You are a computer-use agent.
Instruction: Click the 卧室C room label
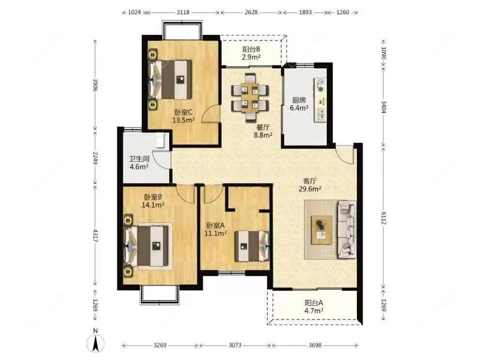[x=183, y=112]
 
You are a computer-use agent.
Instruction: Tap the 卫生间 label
[x=139, y=159]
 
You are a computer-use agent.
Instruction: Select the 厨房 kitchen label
[x=299, y=100]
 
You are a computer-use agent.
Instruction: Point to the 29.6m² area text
[x=310, y=189]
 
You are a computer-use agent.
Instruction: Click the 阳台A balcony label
[x=314, y=303]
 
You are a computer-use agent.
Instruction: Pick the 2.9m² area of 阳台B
[x=251, y=57]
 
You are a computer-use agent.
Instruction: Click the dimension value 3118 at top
[x=183, y=12]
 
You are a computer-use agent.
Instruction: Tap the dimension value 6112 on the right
[x=384, y=218]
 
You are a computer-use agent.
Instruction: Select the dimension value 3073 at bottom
[x=235, y=345]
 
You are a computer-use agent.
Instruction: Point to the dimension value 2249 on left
[x=95, y=158]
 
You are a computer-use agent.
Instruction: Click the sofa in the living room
[x=347, y=229]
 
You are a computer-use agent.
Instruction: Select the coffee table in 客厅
[x=322, y=230]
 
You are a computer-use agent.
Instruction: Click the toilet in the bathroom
[x=160, y=141]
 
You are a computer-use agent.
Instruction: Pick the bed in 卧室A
[x=252, y=246]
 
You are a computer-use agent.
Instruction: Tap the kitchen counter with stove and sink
[x=320, y=100]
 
